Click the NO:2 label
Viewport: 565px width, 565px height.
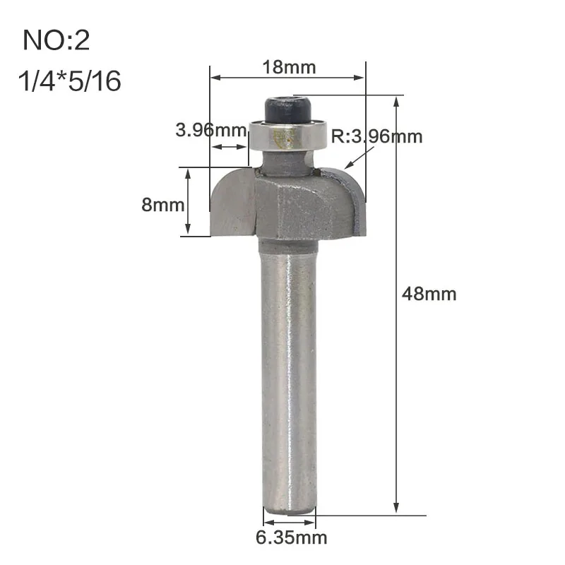(56, 40)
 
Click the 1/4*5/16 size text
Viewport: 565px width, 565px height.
(69, 81)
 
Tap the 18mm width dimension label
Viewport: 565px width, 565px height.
(289, 67)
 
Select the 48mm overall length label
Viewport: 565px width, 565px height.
(429, 294)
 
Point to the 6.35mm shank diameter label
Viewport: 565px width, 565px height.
(292, 538)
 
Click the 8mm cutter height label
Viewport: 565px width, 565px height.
(163, 205)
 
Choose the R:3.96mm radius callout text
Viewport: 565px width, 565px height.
(376, 136)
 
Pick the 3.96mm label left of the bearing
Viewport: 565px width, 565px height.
(211, 130)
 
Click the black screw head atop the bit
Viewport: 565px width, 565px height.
(288, 111)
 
